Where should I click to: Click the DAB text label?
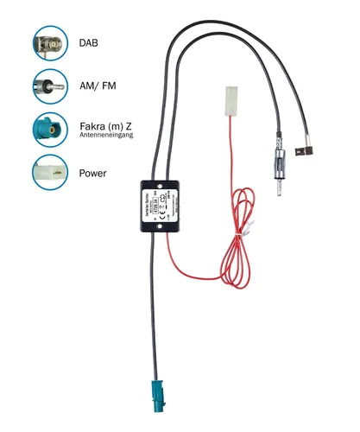(89, 42)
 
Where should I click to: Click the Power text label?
(93, 174)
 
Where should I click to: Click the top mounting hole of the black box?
(161, 184)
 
